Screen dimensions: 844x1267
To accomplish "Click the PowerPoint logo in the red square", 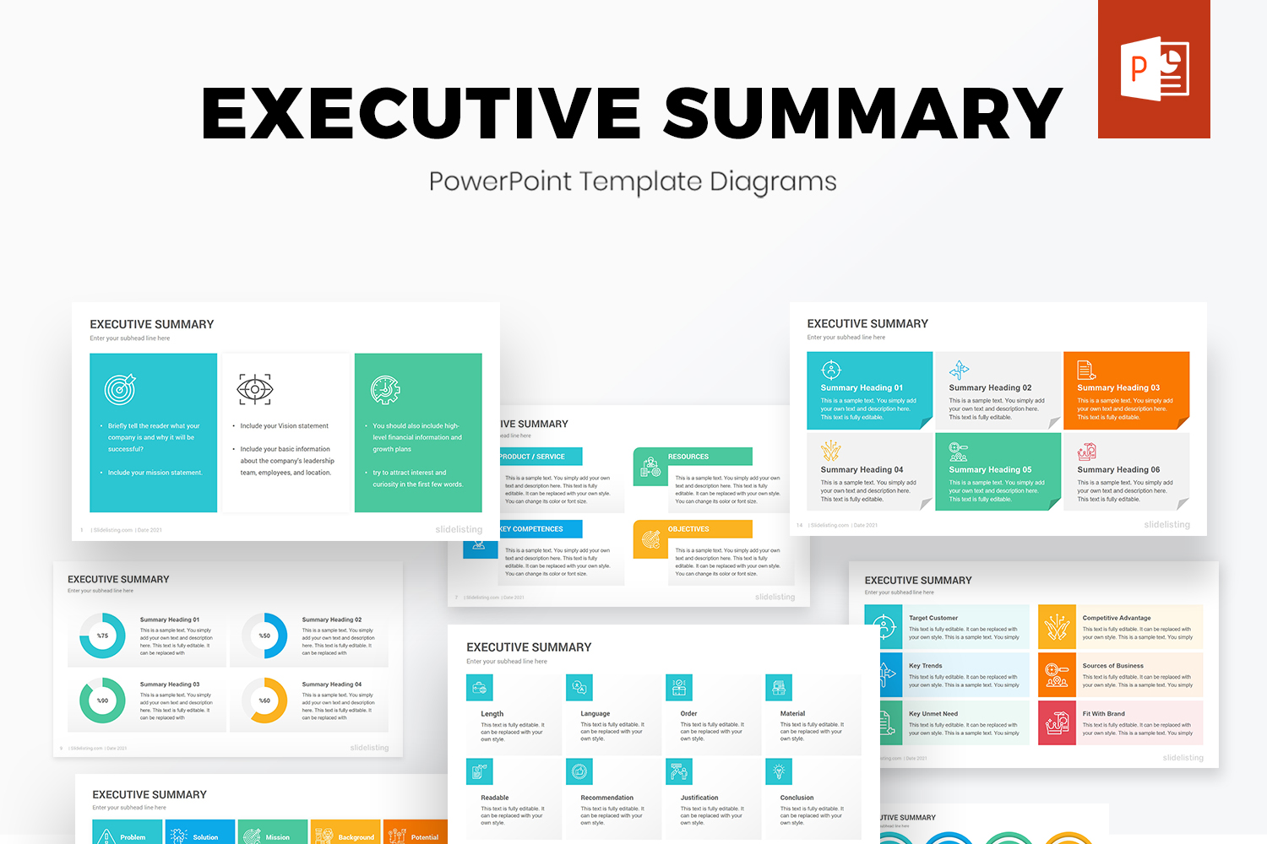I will click(x=1154, y=69).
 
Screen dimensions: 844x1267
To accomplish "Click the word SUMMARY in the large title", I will click(x=863, y=113).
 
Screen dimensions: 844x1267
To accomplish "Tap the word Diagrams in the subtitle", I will click(x=772, y=181).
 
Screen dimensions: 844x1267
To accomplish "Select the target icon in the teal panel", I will click(x=120, y=389).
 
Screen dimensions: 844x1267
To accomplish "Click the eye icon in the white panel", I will click(x=254, y=389).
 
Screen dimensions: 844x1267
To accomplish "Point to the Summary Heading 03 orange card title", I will click(x=1118, y=388).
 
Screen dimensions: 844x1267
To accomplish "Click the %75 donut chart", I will click(x=102, y=636).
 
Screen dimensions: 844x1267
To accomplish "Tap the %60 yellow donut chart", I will click(x=264, y=701).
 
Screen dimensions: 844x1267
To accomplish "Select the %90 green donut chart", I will click(x=102, y=701).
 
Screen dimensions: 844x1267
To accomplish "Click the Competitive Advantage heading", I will click(x=1117, y=618).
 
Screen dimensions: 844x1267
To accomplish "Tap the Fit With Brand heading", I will click(x=1103, y=714).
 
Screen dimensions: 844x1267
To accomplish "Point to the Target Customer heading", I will click(x=933, y=618).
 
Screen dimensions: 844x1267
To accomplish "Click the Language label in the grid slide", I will click(x=595, y=714).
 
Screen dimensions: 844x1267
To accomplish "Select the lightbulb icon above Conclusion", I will click(x=779, y=771).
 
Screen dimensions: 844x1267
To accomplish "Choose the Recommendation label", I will click(x=606, y=798).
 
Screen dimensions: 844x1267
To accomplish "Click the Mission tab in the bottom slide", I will click(x=277, y=837).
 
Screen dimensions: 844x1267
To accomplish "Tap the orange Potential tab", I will click(x=424, y=837).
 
